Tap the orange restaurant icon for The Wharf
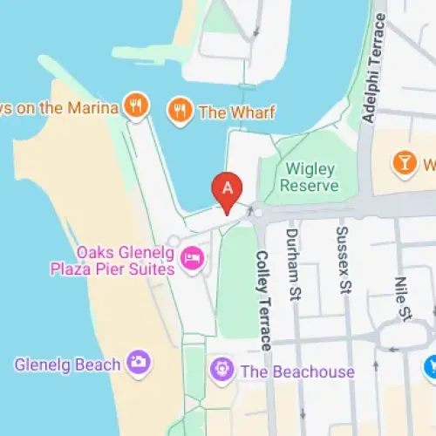click(x=180, y=112)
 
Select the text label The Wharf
click(x=237, y=112)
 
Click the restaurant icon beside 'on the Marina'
click(x=135, y=106)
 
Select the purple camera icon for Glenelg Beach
click(x=137, y=362)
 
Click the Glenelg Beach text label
click(x=67, y=364)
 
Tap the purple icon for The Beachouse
click(x=221, y=371)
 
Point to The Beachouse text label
click(x=297, y=371)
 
